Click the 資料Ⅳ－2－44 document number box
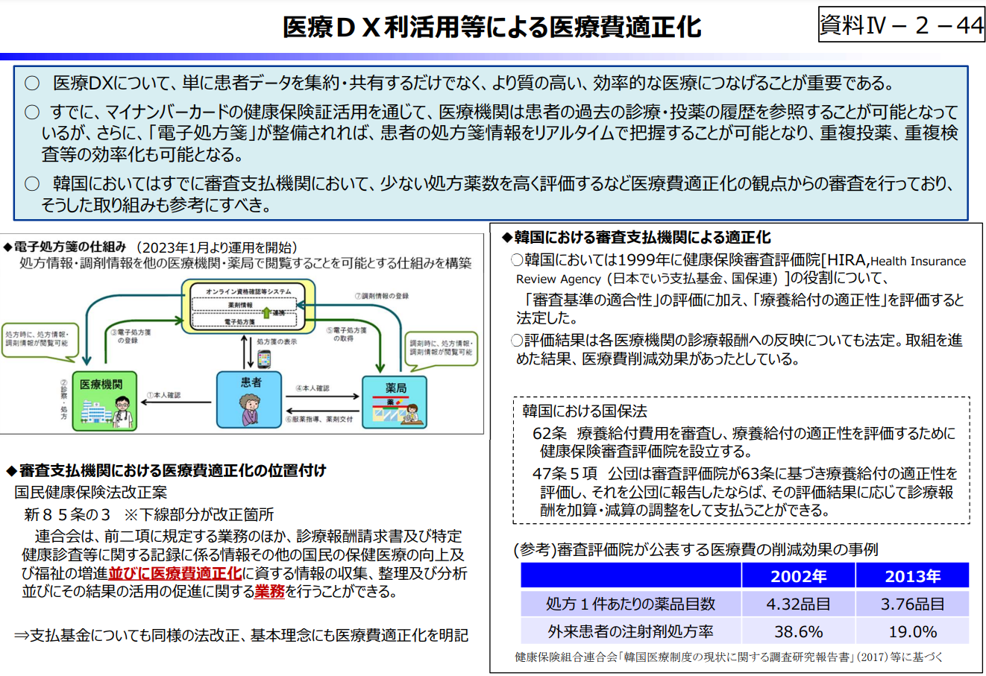(902, 25)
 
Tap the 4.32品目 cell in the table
(798, 604)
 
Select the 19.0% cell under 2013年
(912, 632)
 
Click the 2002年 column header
(798, 576)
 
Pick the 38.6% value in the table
(798, 632)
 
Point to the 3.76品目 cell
(912, 604)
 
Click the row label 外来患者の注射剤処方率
(630, 632)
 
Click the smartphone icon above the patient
(263, 359)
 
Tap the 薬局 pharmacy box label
(395, 388)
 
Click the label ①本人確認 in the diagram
(163, 395)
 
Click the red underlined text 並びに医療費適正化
(175, 573)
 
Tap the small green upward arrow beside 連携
(266, 312)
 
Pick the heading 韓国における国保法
(584, 411)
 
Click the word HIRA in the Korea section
(846, 260)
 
